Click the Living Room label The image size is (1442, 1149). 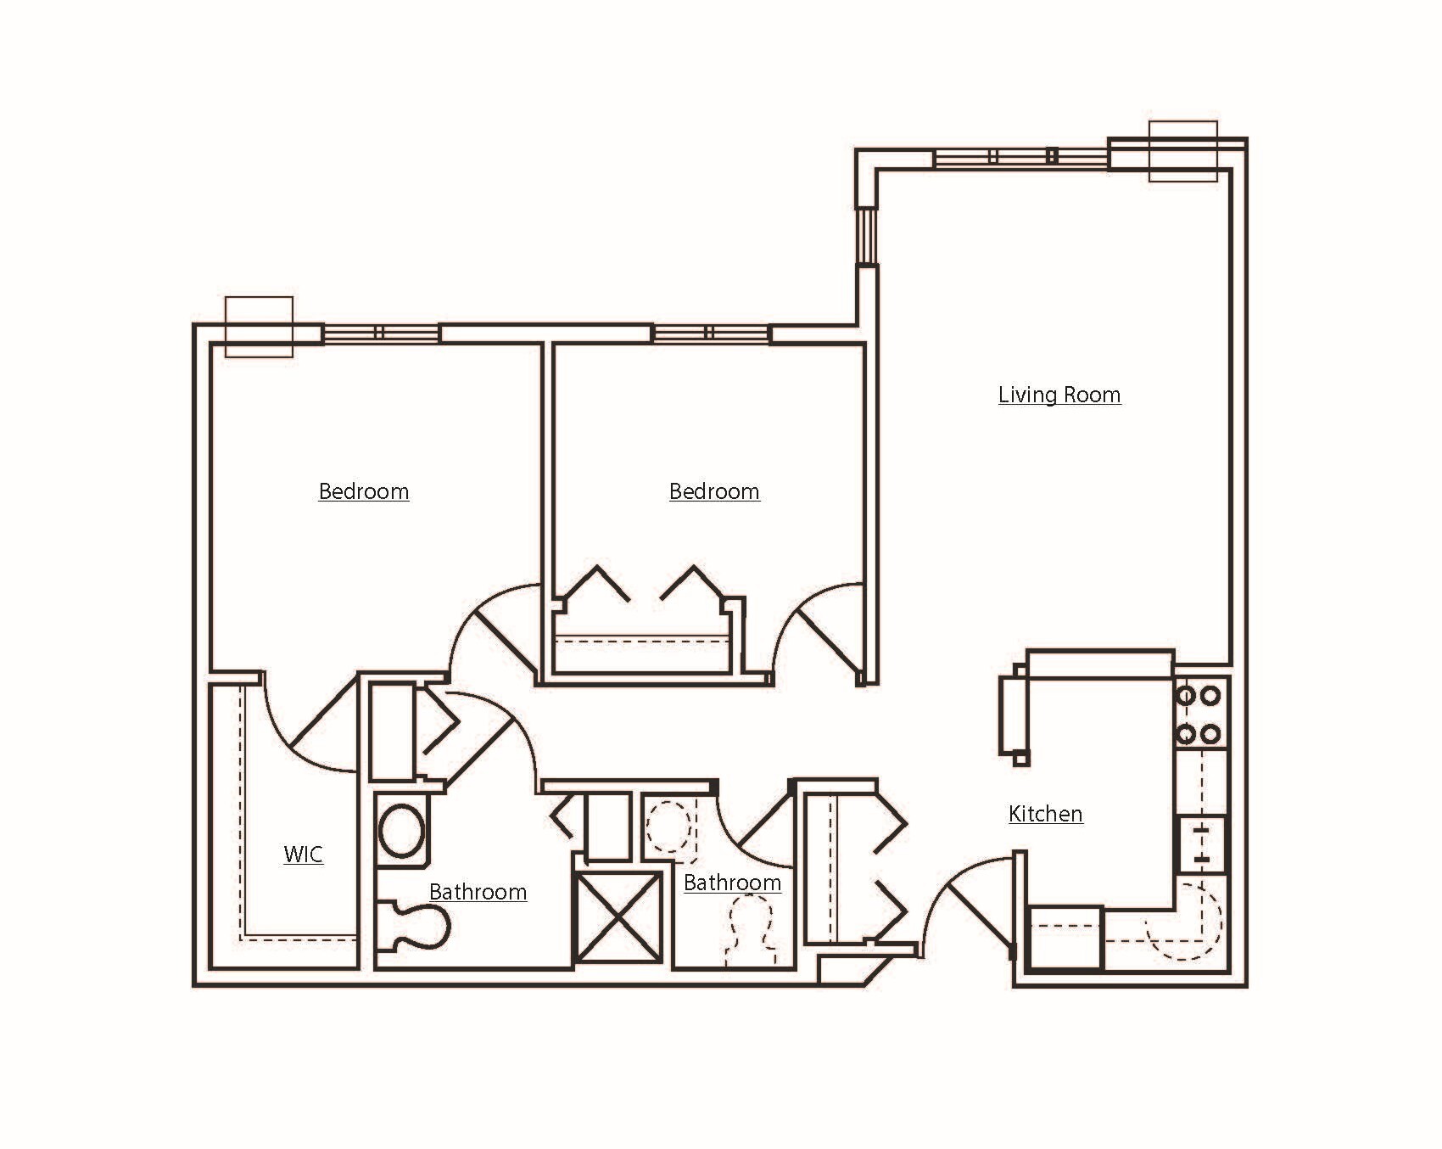[x=1059, y=395]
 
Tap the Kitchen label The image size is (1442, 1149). [x=1045, y=814]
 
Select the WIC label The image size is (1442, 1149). [x=303, y=854]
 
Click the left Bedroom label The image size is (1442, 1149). [x=363, y=491]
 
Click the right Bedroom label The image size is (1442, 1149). [x=714, y=491]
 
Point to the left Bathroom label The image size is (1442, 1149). [x=478, y=892]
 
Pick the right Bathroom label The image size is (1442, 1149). [x=732, y=883]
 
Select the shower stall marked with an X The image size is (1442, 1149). [x=618, y=916]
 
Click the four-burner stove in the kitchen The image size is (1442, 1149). [x=1200, y=714]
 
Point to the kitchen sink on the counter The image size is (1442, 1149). [x=1200, y=844]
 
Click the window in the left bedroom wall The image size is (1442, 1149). [x=380, y=333]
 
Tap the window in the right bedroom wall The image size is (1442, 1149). [x=710, y=333]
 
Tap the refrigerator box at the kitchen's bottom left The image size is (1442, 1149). [x=1064, y=938]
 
